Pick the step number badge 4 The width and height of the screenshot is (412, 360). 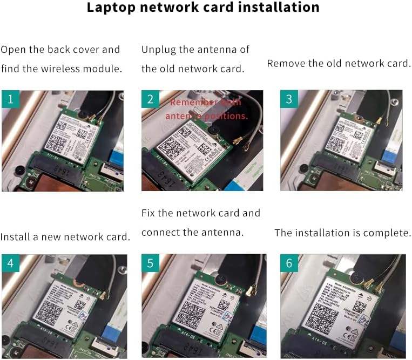point(11,263)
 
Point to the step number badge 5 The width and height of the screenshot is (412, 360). point(150,263)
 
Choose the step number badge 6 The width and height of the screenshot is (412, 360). point(289,263)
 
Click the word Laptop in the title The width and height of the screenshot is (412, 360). point(111,8)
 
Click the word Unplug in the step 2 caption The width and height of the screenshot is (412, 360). point(158,50)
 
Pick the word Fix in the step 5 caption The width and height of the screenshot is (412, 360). point(148,213)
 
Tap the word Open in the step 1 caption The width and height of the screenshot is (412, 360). point(12,50)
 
